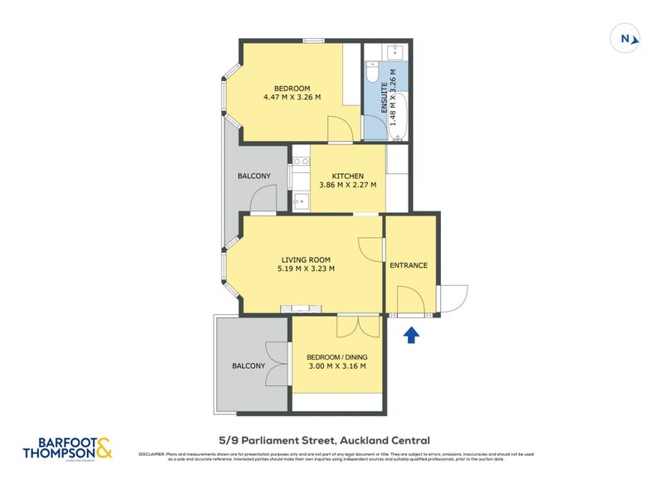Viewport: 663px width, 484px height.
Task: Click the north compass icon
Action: pos(626,38)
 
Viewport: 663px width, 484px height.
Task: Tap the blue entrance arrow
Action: pos(412,334)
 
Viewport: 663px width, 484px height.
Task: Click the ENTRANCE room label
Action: pos(409,265)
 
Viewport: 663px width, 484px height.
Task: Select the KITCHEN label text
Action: pos(348,176)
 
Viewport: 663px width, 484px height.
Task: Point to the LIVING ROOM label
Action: pos(306,259)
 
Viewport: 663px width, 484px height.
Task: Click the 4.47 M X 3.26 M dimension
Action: pos(292,98)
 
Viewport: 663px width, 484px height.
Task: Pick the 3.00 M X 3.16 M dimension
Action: pos(336,365)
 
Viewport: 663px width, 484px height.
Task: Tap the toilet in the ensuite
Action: pos(372,74)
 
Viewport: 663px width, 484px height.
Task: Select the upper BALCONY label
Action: pos(254,176)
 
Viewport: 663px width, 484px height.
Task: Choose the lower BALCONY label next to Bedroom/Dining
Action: pos(249,365)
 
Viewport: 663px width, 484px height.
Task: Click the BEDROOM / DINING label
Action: pos(336,356)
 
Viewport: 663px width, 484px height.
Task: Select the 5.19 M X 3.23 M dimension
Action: pos(306,268)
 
